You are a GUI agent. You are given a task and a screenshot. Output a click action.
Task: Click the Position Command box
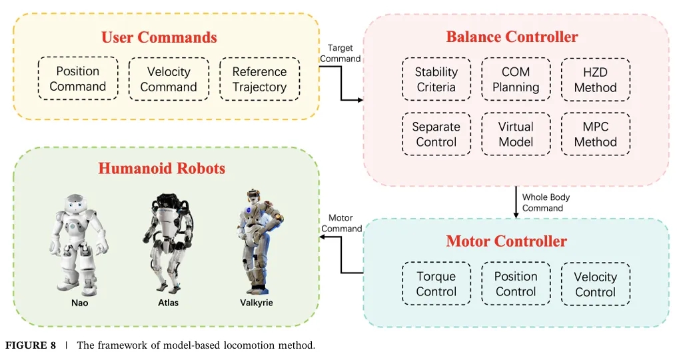(78, 79)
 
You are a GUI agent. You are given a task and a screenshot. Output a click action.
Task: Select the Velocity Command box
(169, 79)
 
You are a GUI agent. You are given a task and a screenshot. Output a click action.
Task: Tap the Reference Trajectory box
(260, 79)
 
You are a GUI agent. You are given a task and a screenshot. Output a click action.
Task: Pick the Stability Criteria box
(436, 79)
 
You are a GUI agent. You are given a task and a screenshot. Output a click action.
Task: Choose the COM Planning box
(516, 79)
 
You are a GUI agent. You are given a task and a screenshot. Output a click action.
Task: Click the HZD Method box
(596, 80)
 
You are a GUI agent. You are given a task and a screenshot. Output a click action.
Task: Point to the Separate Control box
(436, 134)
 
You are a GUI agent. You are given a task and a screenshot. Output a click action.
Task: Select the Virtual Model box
(516, 134)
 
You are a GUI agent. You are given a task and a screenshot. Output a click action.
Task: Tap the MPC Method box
(596, 134)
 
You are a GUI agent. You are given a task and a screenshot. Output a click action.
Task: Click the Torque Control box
(436, 283)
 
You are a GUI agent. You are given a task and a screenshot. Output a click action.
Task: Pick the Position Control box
(516, 283)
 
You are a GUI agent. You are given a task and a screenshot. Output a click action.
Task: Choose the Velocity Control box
(596, 284)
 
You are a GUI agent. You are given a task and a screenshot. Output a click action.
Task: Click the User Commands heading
(159, 37)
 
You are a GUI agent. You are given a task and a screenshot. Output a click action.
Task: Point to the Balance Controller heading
(512, 37)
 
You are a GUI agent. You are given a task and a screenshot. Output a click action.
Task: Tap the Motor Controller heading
(506, 241)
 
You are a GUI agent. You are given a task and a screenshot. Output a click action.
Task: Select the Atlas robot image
(167, 243)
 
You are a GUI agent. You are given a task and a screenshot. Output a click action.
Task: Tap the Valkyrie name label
(257, 303)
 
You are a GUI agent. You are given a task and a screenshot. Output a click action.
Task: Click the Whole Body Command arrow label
(546, 202)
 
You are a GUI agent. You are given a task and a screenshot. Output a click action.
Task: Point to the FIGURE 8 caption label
(30, 345)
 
